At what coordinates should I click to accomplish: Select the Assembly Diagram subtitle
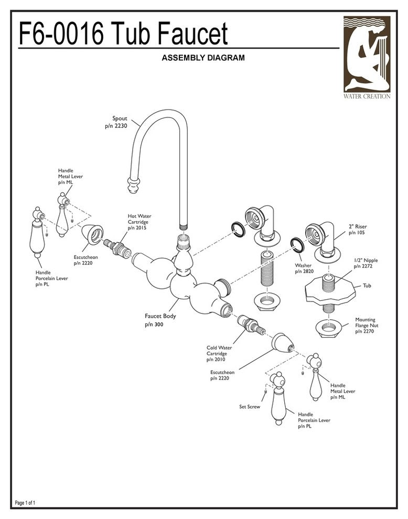pyautogui.click(x=203, y=58)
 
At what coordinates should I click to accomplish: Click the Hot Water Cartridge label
pyautogui.click(x=139, y=222)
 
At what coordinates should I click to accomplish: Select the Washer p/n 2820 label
pyautogui.click(x=304, y=268)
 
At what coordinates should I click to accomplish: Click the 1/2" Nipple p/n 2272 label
pyautogui.click(x=366, y=263)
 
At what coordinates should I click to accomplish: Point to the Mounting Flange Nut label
pyautogui.click(x=366, y=325)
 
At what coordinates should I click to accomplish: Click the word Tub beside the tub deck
pyautogui.click(x=367, y=286)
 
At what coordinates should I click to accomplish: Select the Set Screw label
pyautogui.click(x=250, y=406)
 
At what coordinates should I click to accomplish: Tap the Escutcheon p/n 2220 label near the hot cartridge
pyautogui.click(x=85, y=260)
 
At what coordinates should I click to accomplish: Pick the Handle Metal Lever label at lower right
pyautogui.click(x=342, y=391)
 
